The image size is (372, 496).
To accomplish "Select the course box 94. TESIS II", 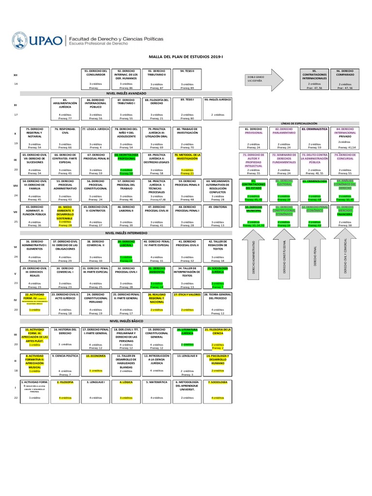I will pos(187,79).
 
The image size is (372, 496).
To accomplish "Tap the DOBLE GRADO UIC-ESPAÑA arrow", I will pos(261,78).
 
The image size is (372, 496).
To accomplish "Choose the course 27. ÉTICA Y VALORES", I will pos(187,301).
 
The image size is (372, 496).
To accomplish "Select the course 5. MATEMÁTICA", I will pos(156,389).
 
